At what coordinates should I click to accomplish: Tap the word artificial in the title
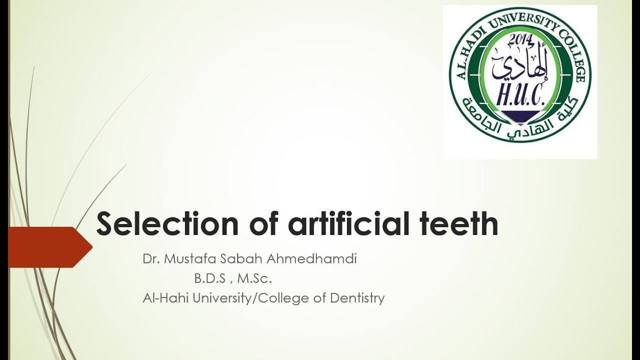coord(350,224)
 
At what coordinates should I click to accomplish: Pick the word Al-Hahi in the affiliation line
coord(161,298)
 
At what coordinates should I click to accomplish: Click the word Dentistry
coord(357,298)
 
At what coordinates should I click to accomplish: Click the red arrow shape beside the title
coord(50,246)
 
